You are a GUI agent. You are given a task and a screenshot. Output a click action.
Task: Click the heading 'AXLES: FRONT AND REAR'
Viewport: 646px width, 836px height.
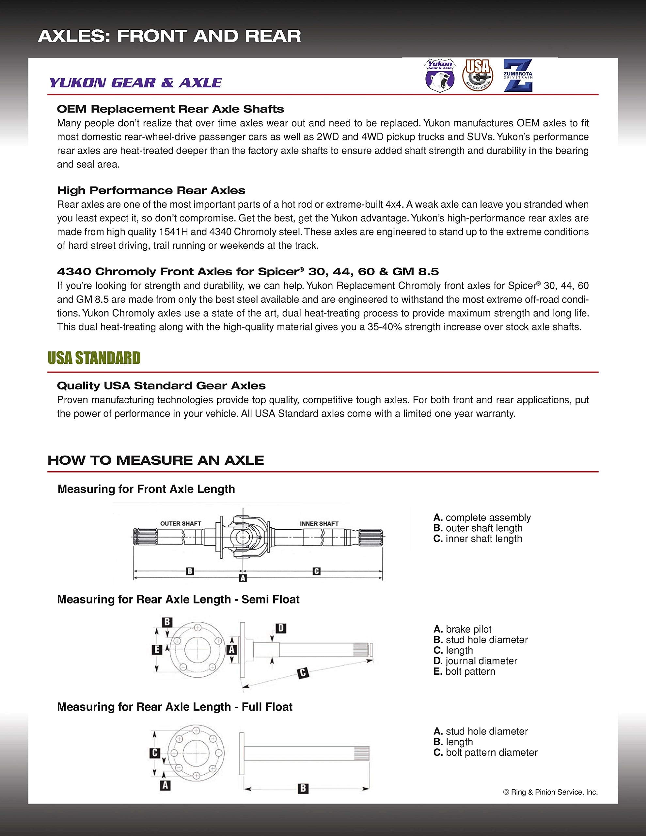click(169, 36)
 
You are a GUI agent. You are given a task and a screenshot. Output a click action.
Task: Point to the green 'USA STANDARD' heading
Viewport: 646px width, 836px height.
click(94, 358)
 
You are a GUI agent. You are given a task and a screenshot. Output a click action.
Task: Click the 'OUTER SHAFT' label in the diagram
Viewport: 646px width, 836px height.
click(181, 523)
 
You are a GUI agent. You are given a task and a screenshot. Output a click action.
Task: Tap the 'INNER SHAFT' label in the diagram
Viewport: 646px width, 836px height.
click(319, 523)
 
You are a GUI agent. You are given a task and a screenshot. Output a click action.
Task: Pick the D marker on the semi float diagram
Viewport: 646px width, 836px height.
click(281, 628)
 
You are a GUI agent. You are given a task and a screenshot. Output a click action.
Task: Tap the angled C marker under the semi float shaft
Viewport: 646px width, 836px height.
click(303, 672)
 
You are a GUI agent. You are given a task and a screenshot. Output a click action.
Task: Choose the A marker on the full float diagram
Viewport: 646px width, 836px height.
click(165, 785)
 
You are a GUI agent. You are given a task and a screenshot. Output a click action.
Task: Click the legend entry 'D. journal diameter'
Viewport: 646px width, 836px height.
click(475, 661)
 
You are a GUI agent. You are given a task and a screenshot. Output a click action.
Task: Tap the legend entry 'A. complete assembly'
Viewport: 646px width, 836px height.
click(482, 518)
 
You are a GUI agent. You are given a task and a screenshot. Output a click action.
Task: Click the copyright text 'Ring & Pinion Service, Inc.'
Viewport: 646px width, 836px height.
click(550, 792)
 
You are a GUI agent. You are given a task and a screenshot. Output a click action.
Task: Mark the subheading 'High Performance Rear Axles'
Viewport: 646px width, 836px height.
click(151, 190)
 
